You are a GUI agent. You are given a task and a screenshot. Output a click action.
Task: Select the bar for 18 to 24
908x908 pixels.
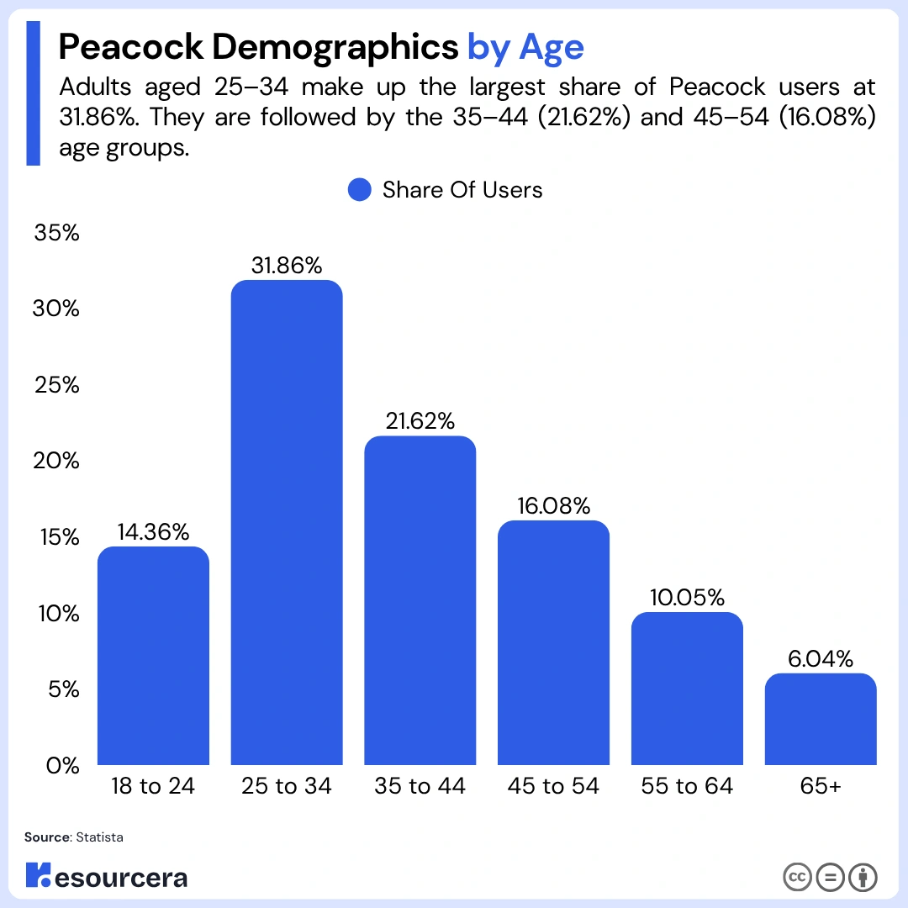point(153,656)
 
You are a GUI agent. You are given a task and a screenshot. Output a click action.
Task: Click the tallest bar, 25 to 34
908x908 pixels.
point(287,522)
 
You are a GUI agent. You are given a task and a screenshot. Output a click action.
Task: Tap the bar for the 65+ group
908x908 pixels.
point(821,719)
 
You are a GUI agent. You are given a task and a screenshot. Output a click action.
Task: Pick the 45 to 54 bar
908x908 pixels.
point(553,642)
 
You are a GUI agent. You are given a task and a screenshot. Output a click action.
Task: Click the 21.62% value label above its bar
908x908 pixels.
point(420,421)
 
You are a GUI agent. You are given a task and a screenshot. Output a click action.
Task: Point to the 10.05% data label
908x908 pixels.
point(687,598)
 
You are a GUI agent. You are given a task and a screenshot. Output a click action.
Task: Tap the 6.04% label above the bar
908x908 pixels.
point(821,659)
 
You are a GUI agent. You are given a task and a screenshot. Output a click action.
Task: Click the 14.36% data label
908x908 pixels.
point(153,532)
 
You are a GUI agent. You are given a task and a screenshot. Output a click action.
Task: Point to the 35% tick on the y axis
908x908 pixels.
point(57,233)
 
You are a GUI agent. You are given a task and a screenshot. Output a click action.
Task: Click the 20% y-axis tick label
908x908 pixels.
point(56,461)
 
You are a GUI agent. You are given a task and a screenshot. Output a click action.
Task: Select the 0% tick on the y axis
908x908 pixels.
point(62,766)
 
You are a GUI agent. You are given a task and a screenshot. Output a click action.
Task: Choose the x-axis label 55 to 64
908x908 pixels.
point(687,786)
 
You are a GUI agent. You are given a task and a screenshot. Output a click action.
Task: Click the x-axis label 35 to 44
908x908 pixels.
point(420,786)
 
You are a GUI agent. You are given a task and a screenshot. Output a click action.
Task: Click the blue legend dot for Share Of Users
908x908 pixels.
point(360,190)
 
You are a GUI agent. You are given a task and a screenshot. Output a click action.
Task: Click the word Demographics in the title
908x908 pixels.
point(335,47)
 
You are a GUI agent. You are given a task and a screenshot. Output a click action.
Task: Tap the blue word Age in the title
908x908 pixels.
point(552,47)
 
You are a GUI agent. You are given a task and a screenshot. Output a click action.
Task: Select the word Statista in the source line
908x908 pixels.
point(99,837)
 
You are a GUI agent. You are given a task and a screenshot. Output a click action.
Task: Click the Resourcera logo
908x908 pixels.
point(107,875)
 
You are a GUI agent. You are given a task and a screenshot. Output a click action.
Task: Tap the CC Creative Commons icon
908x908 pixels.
point(797,877)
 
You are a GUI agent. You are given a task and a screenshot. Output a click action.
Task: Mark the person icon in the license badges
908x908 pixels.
point(863,877)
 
